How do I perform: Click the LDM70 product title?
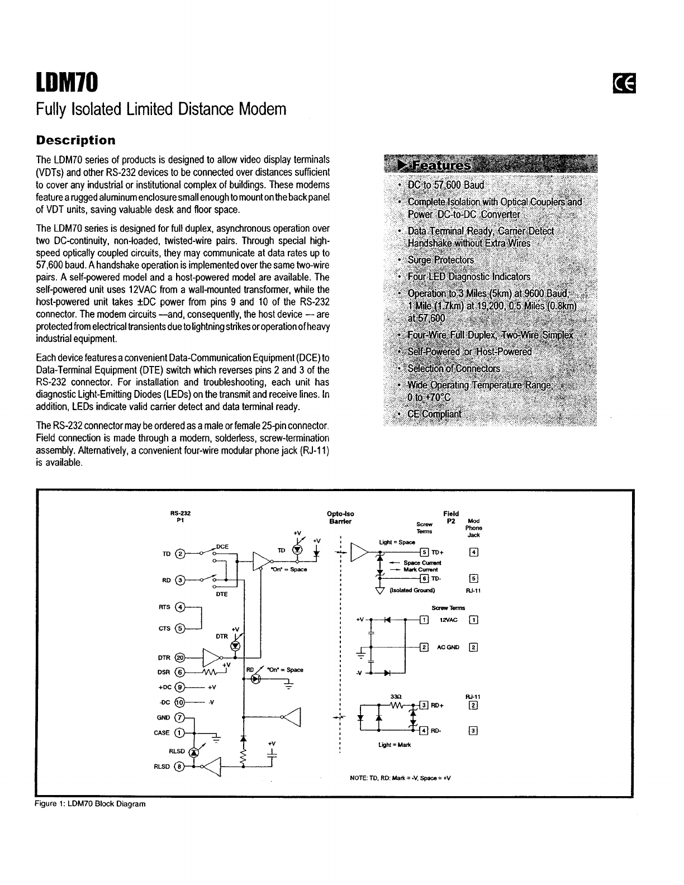coord(67,84)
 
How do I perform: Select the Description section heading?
coord(75,140)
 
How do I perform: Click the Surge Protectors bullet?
coord(440,260)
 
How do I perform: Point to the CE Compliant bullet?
coord(434,414)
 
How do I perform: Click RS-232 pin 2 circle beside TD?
coord(179,554)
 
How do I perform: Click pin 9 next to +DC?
coord(179,687)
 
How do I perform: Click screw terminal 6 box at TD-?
coord(424,578)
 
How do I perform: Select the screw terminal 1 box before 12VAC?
coord(424,619)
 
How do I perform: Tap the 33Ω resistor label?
coord(400,696)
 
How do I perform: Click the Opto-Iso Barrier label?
coord(340,517)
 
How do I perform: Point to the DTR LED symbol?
coord(235,645)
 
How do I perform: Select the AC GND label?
coord(448,647)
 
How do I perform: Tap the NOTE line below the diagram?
coord(400,778)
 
